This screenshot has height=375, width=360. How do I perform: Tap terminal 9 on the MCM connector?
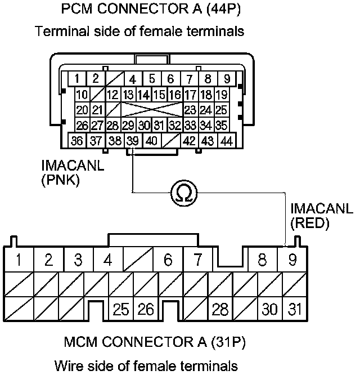[292, 261]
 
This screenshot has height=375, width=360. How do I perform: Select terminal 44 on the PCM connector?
[227, 140]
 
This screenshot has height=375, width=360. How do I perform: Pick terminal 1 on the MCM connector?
[19, 261]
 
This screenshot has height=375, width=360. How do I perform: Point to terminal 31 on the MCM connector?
[292, 309]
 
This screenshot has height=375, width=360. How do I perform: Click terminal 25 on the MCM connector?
[120, 309]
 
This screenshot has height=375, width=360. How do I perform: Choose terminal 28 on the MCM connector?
[219, 309]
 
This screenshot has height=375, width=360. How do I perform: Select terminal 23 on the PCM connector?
[191, 110]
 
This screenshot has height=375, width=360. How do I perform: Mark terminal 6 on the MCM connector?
[168, 261]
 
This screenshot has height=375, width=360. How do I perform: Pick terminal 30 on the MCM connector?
[270, 309]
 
